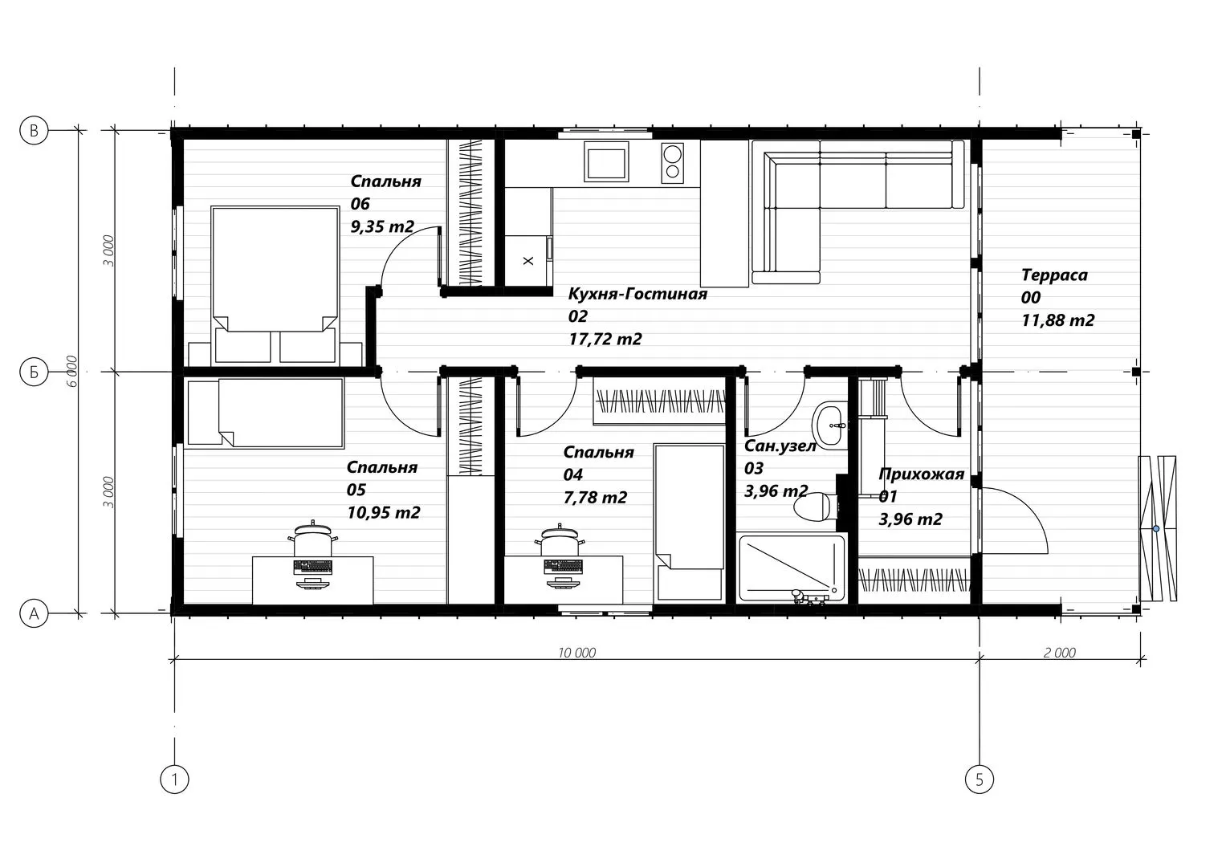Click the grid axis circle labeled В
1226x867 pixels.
pyautogui.click(x=34, y=131)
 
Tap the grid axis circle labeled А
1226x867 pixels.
pyautogui.click(x=34, y=613)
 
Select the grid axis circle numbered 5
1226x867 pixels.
pyautogui.click(x=980, y=779)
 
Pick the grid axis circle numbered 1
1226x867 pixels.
pyautogui.click(x=174, y=779)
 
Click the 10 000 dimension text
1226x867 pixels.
pyautogui.click(x=577, y=653)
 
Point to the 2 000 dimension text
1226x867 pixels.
pyautogui.click(x=1060, y=653)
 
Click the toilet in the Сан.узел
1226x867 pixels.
pyautogui.click(x=817, y=507)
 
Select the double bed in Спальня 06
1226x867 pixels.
pyautogui.click(x=275, y=284)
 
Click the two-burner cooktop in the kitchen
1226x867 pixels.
pyautogui.click(x=672, y=163)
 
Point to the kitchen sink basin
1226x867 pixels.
pyautogui.click(x=606, y=161)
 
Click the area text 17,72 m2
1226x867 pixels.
pyautogui.click(x=605, y=339)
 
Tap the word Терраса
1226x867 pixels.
pyautogui.click(x=1054, y=275)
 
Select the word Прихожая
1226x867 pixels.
pyautogui.click(x=921, y=474)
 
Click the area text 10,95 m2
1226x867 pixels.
pyautogui.click(x=384, y=512)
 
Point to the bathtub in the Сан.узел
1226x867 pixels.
pyautogui.click(x=792, y=568)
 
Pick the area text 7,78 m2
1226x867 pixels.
pyautogui.click(x=596, y=498)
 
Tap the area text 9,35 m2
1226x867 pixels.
pyautogui.click(x=382, y=226)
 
